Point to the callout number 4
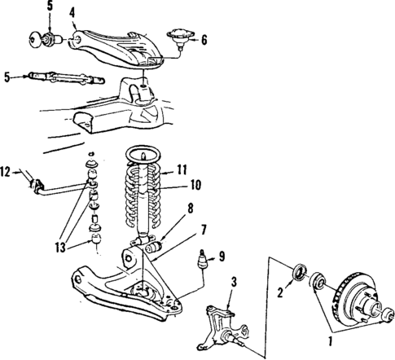click(x=72, y=12)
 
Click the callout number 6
click(x=204, y=37)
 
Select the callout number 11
click(x=183, y=171)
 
